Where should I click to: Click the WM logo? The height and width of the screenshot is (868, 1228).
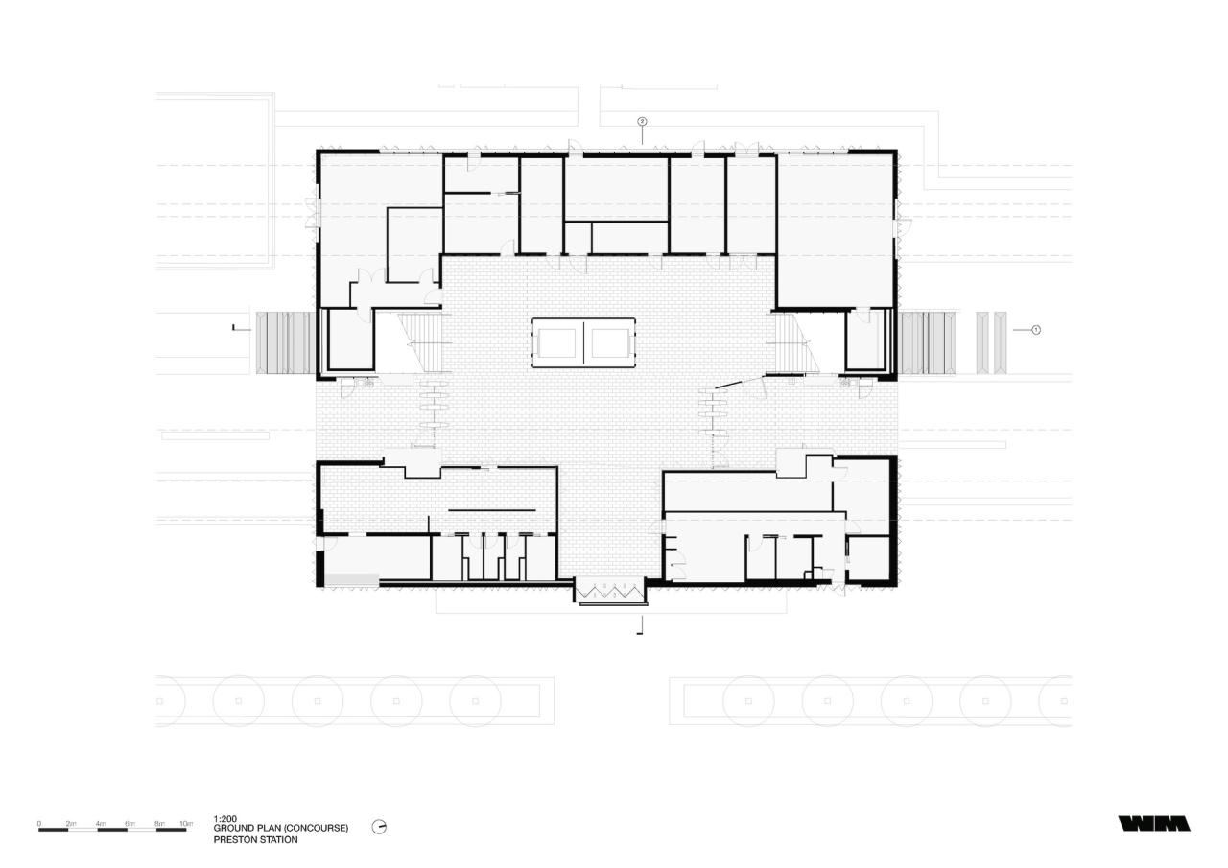1154,823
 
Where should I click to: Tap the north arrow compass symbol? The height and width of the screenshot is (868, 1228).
379,827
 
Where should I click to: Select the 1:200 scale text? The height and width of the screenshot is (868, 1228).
225,818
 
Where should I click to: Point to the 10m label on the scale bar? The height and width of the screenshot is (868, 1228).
186,823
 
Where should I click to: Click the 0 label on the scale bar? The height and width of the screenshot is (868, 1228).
39,823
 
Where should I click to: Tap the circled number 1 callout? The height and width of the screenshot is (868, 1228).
1036,329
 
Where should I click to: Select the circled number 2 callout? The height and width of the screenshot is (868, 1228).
642,122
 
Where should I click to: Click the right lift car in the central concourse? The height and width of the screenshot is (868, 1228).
609,341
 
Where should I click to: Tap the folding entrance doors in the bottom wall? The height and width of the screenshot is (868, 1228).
610,589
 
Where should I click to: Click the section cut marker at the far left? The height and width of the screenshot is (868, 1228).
236,328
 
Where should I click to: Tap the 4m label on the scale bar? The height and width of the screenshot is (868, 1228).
100,823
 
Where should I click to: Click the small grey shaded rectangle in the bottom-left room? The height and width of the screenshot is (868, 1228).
351,578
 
